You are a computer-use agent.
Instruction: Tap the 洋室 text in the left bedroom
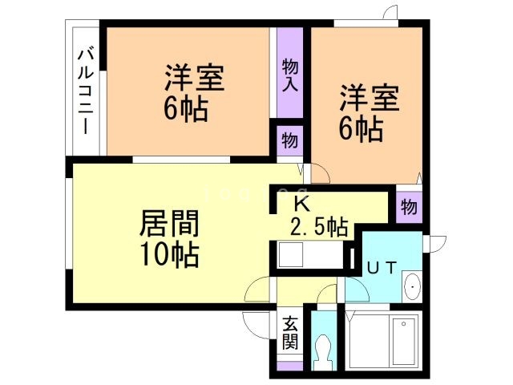click(x=194, y=79)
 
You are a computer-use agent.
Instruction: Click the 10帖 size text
click(x=169, y=254)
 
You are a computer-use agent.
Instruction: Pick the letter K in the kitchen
click(x=301, y=202)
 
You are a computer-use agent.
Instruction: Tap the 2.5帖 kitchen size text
click(x=319, y=227)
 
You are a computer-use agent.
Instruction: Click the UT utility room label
click(x=381, y=268)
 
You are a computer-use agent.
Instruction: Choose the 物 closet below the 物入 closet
click(x=290, y=140)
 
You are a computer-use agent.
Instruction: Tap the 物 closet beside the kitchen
click(x=409, y=208)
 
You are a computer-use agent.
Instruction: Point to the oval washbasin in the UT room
click(x=411, y=286)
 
